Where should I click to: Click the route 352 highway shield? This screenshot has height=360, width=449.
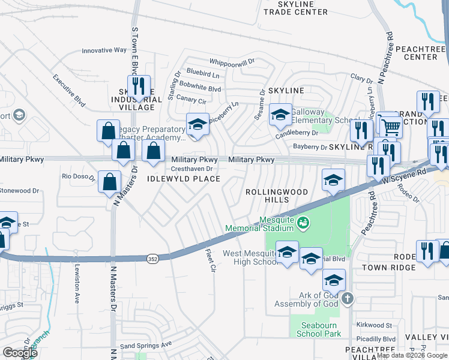(152, 257)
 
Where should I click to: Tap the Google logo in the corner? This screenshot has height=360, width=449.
(20, 352)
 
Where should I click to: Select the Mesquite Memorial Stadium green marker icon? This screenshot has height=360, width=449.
(304, 223)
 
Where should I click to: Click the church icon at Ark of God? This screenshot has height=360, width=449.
(346, 299)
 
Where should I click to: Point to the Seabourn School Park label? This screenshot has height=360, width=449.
(316, 329)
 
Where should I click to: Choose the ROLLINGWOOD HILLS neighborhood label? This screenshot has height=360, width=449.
(276, 196)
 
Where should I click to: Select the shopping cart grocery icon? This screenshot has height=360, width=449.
(391, 126)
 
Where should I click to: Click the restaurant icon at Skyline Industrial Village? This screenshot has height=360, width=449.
(139, 87)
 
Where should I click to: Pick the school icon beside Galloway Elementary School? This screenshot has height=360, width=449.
(280, 114)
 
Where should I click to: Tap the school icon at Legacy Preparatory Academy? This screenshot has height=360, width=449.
(197, 125)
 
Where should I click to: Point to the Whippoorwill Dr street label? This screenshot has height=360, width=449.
(232, 61)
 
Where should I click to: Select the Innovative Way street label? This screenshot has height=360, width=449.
(104, 51)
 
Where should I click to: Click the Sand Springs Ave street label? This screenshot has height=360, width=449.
(146, 345)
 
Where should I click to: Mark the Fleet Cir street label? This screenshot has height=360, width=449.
(209, 261)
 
